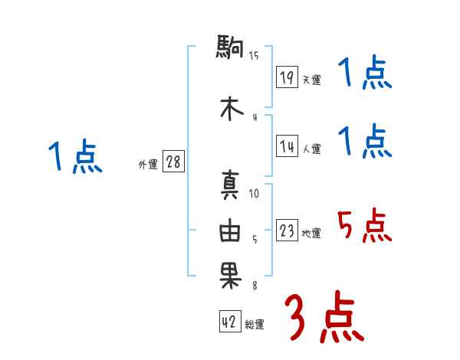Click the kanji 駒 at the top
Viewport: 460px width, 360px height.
[230, 50]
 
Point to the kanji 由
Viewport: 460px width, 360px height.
[230, 232]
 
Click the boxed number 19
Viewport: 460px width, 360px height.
[287, 77]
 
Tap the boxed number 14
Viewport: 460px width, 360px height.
[287, 147]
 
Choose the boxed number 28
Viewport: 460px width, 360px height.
[173, 162]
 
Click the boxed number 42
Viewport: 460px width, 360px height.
[229, 322]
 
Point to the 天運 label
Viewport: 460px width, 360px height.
[311, 80]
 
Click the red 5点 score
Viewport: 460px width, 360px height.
[364, 227]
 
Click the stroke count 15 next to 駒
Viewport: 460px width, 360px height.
[254, 55]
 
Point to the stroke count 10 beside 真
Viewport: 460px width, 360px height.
[255, 194]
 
